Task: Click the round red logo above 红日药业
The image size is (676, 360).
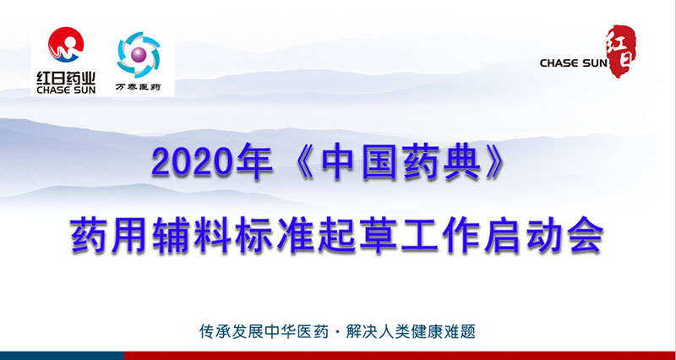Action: [66, 45]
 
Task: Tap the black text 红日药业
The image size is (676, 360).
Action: [66, 78]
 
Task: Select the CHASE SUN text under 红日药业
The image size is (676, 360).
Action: [66, 90]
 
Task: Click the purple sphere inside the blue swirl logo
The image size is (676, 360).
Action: [139, 54]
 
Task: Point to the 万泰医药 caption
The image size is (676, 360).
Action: [138, 87]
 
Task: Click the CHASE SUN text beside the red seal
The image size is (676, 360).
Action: [573, 63]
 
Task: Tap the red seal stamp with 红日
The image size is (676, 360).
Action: [621, 51]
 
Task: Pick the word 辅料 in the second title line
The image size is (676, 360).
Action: [194, 237]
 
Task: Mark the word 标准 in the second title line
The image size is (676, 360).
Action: [276, 237]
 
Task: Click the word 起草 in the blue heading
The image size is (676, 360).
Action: [358, 237]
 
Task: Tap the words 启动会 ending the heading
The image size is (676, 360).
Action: [544, 237]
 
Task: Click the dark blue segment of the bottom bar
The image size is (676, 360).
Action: [62, 356]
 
